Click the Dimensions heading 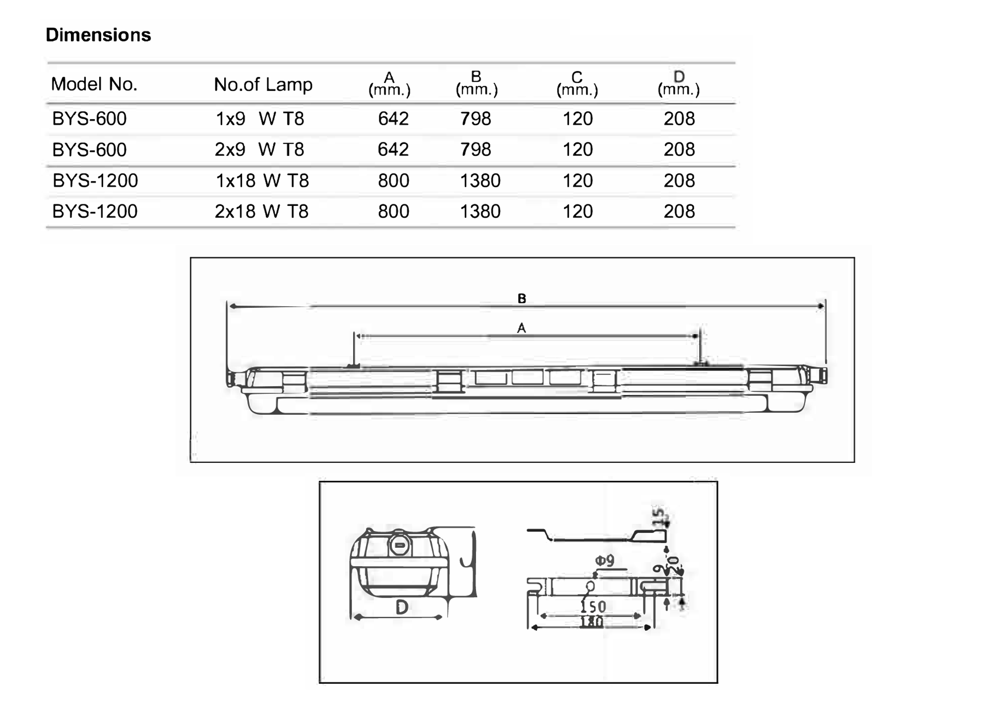[98, 35]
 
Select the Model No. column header [94, 84]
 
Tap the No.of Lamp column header [263, 84]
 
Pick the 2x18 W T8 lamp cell [262, 212]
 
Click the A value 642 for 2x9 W [393, 150]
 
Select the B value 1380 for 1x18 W [480, 180]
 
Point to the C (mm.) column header [577, 83]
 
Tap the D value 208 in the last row [679, 212]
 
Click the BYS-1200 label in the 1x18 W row [95, 180]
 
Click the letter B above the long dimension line [522, 299]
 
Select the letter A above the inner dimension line [521, 329]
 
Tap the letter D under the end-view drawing [402, 608]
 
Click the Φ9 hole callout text [605, 561]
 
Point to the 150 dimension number [593, 607]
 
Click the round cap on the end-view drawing [399, 545]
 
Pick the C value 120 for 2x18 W [577, 212]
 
